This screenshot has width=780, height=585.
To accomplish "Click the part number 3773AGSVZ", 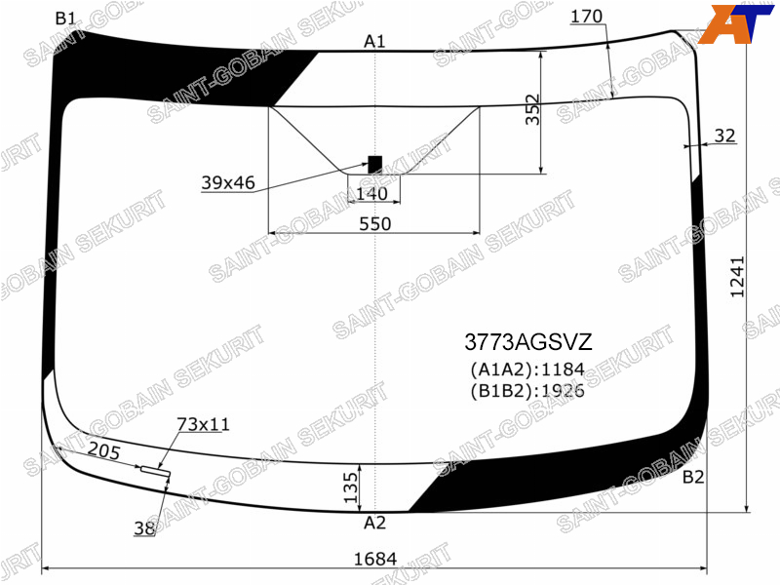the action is tap(528, 342).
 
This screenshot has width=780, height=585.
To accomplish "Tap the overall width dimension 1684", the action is tap(375, 559).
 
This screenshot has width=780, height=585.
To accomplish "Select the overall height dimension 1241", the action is tap(737, 277).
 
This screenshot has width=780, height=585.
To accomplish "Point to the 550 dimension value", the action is tap(375, 224).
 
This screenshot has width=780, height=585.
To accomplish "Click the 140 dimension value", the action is tap(372, 193).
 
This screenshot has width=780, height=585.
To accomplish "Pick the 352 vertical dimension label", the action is tap(532, 109).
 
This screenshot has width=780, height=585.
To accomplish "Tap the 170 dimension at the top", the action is tap(587, 17).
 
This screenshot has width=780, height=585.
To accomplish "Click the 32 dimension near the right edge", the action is tap(724, 136).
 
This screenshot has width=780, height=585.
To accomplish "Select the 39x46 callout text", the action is tap(228, 183).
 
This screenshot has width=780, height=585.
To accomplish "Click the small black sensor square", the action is tap(375, 165).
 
